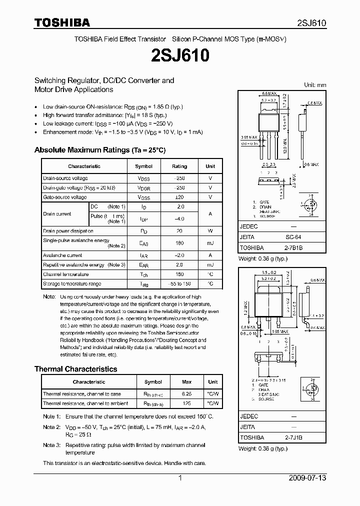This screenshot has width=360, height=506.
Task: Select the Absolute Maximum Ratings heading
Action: (x=99, y=149)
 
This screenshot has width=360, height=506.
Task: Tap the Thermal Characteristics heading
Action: (x=75, y=369)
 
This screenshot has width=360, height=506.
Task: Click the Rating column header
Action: (x=179, y=166)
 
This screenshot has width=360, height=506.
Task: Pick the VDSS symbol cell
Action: (x=144, y=178)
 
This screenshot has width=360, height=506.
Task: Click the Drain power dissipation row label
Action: (x=68, y=231)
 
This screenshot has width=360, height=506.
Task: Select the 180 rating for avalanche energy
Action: (x=180, y=243)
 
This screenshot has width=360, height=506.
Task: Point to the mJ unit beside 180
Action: (x=210, y=243)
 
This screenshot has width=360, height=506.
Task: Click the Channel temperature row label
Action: (x=65, y=274)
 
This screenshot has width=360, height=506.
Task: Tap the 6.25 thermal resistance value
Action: (x=186, y=394)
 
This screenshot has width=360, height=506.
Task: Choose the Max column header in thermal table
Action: (x=186, y=382)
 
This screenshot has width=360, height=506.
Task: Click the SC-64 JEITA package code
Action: (x=293, y=237)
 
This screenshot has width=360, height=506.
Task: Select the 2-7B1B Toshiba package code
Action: (x=294, y=247)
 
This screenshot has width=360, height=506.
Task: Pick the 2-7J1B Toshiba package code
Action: (x=294, y=437)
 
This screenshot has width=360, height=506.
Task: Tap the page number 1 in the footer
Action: (x=179, y=478)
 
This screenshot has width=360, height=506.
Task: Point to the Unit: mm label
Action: (x=315, y=85)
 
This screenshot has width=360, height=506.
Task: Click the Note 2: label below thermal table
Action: (x=51, y=427)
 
